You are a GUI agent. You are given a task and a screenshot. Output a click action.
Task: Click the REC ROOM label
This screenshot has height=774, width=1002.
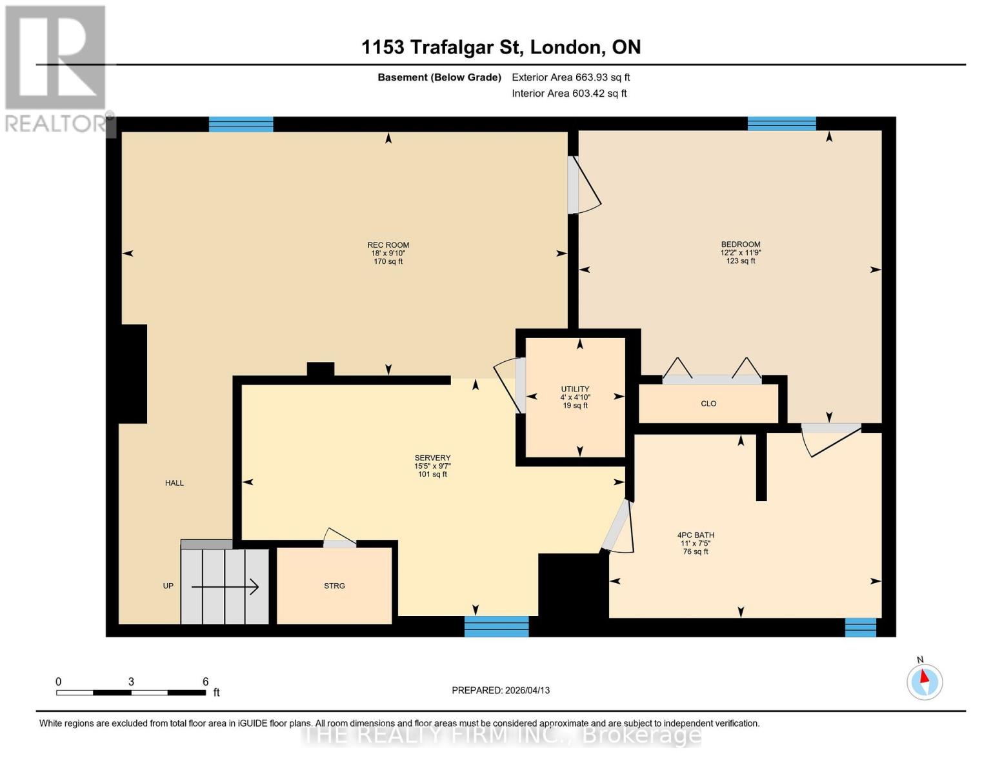388,245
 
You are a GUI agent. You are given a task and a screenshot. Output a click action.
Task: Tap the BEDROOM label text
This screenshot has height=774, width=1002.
740,244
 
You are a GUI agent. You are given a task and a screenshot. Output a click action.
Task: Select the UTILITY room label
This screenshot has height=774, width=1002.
574,389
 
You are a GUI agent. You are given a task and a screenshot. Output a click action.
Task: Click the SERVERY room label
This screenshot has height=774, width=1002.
432,458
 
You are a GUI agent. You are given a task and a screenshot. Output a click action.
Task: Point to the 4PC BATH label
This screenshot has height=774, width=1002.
696,535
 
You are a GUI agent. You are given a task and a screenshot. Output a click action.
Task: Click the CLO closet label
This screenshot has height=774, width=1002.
708,404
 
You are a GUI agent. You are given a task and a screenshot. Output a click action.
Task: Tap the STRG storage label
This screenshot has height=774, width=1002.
334,586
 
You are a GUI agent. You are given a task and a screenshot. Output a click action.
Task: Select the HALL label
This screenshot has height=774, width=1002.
174,482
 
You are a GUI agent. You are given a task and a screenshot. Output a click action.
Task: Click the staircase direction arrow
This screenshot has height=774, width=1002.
225,587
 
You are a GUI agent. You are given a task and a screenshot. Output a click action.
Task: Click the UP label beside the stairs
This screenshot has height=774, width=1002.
168,586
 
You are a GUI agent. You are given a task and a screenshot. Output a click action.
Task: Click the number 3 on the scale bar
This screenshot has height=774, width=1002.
131,682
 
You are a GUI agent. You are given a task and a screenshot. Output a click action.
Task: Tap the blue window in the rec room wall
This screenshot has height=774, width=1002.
241,124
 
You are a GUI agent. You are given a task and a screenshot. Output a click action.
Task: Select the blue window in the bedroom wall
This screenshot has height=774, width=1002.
781,123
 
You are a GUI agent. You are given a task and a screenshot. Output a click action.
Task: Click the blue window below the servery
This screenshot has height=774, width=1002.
496,626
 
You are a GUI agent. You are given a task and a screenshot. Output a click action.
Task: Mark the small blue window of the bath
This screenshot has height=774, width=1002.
861,627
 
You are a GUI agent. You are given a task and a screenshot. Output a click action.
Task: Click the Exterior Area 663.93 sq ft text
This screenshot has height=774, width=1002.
570,77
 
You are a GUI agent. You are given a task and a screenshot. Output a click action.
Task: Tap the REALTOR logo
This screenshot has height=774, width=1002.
57,68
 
